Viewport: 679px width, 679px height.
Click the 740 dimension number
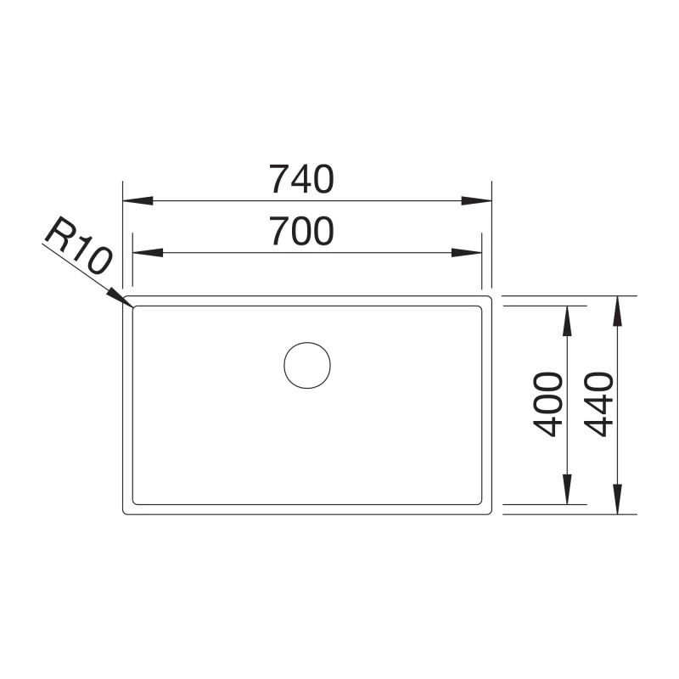click(x=302, y=179)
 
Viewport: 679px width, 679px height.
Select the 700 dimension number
click(x=302, y=231)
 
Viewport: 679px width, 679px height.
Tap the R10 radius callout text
click(x=78, y=245)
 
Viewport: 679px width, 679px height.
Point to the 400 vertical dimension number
click(x=548, y=404)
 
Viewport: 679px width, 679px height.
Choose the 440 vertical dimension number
click(x=599, y=404)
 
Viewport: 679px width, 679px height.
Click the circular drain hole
click(x=307, y=365)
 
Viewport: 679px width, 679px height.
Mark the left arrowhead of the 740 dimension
click(x=138, y=201)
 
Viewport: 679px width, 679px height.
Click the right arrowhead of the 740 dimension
click(x=477, y=201)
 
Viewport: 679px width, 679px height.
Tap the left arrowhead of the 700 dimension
click(x=148, y=252)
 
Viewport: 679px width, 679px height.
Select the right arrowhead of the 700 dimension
click(x=467, y=252)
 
